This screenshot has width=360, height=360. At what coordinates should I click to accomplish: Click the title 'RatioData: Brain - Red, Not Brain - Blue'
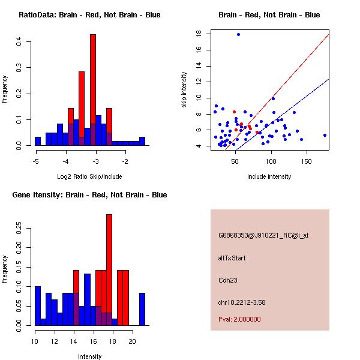89,14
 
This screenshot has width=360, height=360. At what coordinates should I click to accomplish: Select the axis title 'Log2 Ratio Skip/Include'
89,176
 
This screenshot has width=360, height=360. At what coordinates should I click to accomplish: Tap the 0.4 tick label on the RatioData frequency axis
19,41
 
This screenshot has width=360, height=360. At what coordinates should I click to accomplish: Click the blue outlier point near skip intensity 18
238,34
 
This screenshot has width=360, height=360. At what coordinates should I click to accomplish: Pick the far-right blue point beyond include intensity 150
325,135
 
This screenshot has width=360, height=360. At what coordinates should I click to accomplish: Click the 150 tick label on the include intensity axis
306,161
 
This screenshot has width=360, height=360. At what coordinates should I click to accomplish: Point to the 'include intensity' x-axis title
269,176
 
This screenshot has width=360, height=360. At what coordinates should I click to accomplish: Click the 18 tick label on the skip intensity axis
199,34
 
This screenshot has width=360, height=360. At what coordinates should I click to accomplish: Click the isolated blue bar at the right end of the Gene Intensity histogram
142,309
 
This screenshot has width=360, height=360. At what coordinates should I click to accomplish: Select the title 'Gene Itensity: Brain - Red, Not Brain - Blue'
87,194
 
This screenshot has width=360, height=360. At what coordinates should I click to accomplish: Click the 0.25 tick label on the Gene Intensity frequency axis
19,229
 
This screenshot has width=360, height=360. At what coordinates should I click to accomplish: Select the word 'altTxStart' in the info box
232,258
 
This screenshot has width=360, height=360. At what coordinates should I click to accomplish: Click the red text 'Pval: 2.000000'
239,319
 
